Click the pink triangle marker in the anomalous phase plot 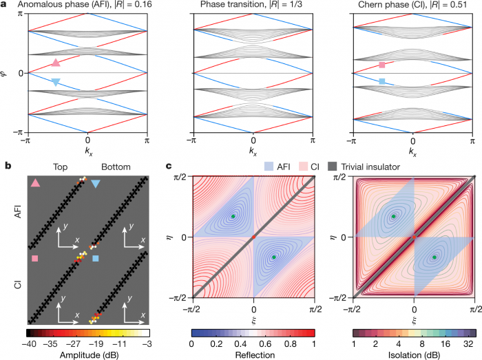pos(56,63)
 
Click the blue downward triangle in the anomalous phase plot pos(56,83)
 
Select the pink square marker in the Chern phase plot pos(381,65)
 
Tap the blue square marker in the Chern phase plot pos(381,82)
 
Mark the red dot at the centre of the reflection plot pos(253,237)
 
